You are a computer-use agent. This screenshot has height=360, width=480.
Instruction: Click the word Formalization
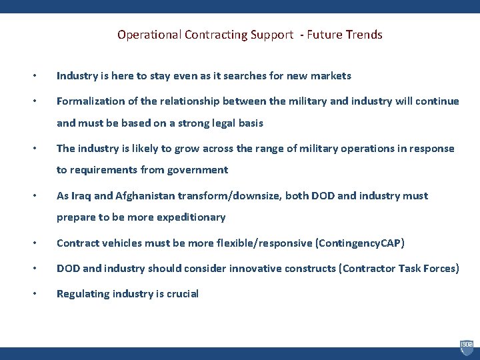point(89,101)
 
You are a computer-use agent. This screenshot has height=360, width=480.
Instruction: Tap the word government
point(196,170)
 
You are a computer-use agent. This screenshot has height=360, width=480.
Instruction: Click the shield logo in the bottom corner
point(466,347)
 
